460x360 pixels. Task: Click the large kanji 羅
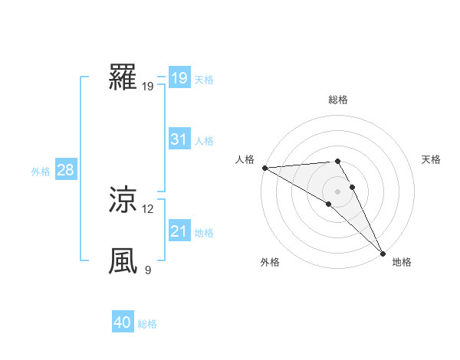(123, 77)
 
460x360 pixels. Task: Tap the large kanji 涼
(123, 200)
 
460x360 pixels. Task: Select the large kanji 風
(123, 261)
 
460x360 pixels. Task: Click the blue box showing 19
(179, 78)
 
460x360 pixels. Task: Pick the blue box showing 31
(179, 139)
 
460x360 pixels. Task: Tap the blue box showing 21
(179, 231)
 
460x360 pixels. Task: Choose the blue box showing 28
(65, 170)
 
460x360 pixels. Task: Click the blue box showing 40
(123, 323)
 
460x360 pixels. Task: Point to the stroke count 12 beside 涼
(148, 208)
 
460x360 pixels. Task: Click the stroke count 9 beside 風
(148, 270)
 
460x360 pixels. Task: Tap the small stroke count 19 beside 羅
(148, 86)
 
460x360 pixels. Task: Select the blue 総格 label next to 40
(147, 324)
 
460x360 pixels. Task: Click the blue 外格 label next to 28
(41, 172)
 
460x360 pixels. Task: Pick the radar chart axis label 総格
(337, 100)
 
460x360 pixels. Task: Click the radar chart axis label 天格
(432, 159)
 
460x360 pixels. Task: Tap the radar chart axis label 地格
(402, 262)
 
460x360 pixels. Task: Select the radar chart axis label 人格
(245, 159)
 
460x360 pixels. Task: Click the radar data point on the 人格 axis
(264, 168)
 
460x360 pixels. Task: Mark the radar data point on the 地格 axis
(382, 252)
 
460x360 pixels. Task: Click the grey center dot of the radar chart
(337, 191)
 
